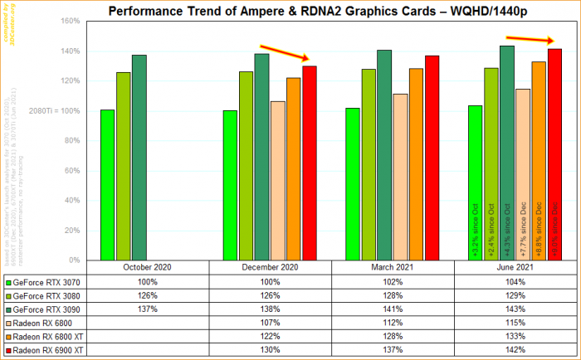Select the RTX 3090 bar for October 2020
(139, 158)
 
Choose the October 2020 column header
(147, 268)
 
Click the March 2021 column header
(393, 268)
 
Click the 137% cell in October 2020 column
(147, 309)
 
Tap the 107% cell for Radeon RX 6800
(270, 322)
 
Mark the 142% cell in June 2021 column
(515, 349)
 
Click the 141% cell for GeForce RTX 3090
(393, 309)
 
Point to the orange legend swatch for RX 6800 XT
(8, 336)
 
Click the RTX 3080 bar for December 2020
(246, 166)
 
